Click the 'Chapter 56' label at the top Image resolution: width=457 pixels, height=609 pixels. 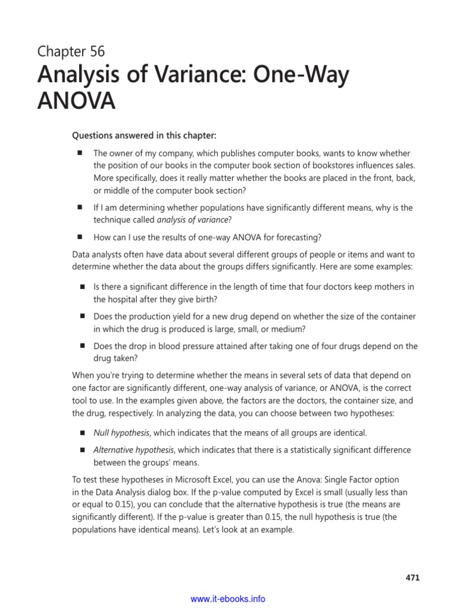(71, 52)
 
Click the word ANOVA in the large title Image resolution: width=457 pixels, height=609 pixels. (76, 102)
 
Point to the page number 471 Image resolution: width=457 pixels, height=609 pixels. (412, 576)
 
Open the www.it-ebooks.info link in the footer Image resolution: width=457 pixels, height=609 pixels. (228, 599)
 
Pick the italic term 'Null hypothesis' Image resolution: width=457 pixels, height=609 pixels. (121, 432)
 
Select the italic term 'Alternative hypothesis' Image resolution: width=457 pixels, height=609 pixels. (134, 450)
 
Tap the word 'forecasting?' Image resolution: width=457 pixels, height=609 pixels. (299, 237)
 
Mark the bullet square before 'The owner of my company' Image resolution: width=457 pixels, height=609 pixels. (78, 153)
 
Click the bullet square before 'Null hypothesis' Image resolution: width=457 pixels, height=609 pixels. (83, 432)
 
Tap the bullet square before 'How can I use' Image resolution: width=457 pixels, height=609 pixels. (78, 237)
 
